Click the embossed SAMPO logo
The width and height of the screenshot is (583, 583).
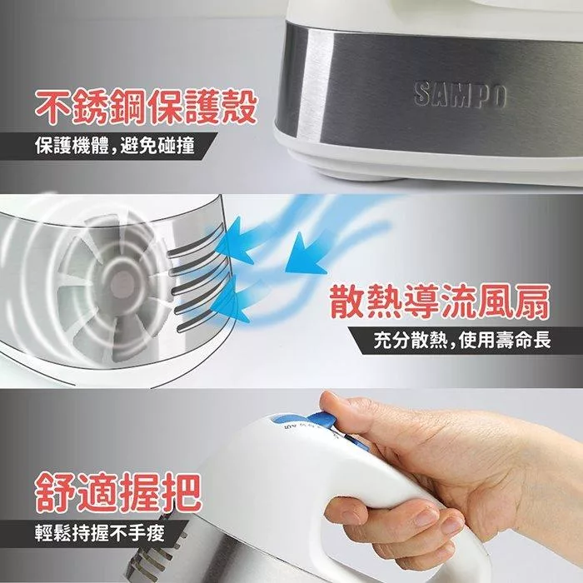(x=461, y=96)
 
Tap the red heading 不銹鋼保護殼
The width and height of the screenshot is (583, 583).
(x=146, y=107)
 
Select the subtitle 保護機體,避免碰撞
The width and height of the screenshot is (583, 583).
(x=115, y=146)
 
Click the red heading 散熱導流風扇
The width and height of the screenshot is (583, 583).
(x=440, y=301)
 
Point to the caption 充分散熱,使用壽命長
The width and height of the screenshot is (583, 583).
(x=462, y=341)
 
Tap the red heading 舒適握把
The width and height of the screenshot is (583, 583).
(x=118, y=493)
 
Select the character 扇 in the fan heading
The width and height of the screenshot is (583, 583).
(x=532, y=301)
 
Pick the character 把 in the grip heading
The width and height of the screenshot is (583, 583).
(x=182, y=493)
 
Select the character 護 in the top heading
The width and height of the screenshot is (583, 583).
(x=202, y=107)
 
